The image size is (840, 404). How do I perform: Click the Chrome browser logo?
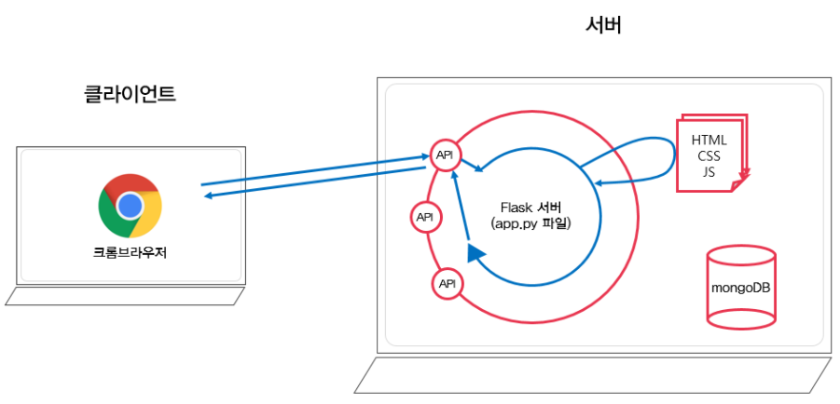point(131,206)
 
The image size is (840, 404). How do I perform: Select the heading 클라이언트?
point(130,94)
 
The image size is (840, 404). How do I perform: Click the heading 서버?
point(602,26)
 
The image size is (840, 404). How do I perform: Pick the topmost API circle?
point(444,154)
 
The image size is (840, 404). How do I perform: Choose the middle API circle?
point(425,217)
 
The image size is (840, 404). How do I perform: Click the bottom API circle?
point(447,283)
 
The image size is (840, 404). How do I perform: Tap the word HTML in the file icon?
point(709,140)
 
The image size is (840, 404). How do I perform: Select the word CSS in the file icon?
point(709,155)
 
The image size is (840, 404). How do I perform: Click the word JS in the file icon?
point(709,171)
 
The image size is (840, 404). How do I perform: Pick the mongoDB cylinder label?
point(741,287)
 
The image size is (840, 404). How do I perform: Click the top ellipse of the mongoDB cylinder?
point(741,253)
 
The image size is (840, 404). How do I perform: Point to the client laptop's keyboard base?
point(125,296)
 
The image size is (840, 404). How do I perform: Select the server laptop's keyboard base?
point(593,375)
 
